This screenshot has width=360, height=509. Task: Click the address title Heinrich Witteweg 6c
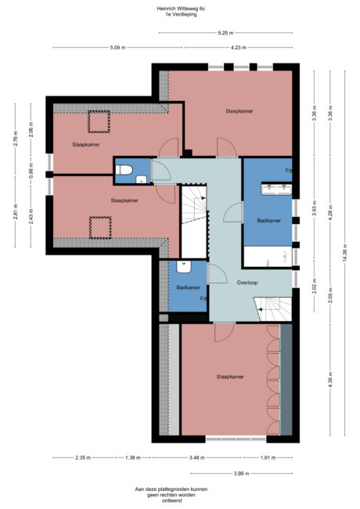tap(181, 9)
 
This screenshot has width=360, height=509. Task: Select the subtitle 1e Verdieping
tap(181, 16)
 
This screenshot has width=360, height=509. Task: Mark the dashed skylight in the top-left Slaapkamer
tap(98, 122)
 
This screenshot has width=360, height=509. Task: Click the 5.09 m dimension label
tap(117, 48)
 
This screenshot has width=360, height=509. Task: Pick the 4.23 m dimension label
tap(238, 48)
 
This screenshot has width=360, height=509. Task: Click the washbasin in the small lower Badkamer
tap(185, 266)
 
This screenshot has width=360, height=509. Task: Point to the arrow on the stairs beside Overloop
tap(272, 306)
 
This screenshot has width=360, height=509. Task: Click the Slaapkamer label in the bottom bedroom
tap(229, 377)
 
